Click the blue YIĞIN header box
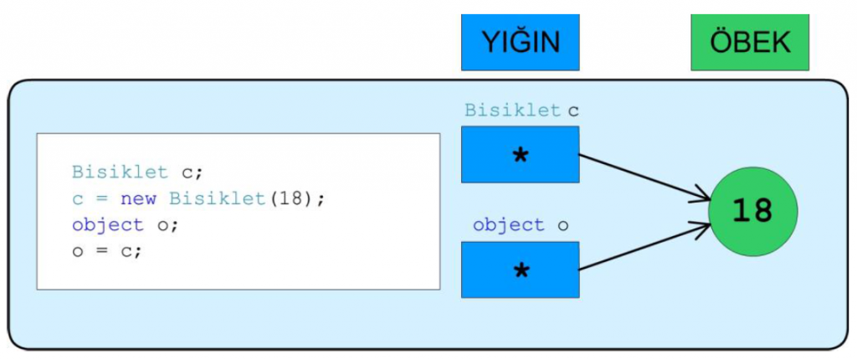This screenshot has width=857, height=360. pyautogui.click(x=520, y=42)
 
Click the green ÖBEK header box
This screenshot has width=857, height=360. pyautogui.click(x=750, y=42)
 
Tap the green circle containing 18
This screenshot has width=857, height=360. pyautogui.click(x=752, y=210)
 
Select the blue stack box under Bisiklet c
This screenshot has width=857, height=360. pyautogui.click(x=520, y=154)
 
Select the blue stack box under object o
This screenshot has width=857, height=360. pyautogui.click(x=520, y=270)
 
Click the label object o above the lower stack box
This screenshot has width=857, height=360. pyautogui.click(x=520, y=225)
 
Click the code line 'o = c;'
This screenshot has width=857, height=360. pyautogui.click(x=107, y=250)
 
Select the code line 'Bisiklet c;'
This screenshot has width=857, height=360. pyautogui.click(x=137, y=173)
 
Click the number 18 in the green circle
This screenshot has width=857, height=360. pyautogui.click(x=752, y=211)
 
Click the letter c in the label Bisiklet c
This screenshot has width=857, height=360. pyautogui.click(x=574, y=111)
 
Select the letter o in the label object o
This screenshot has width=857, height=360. pyautogui.click(x=563, y=225)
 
